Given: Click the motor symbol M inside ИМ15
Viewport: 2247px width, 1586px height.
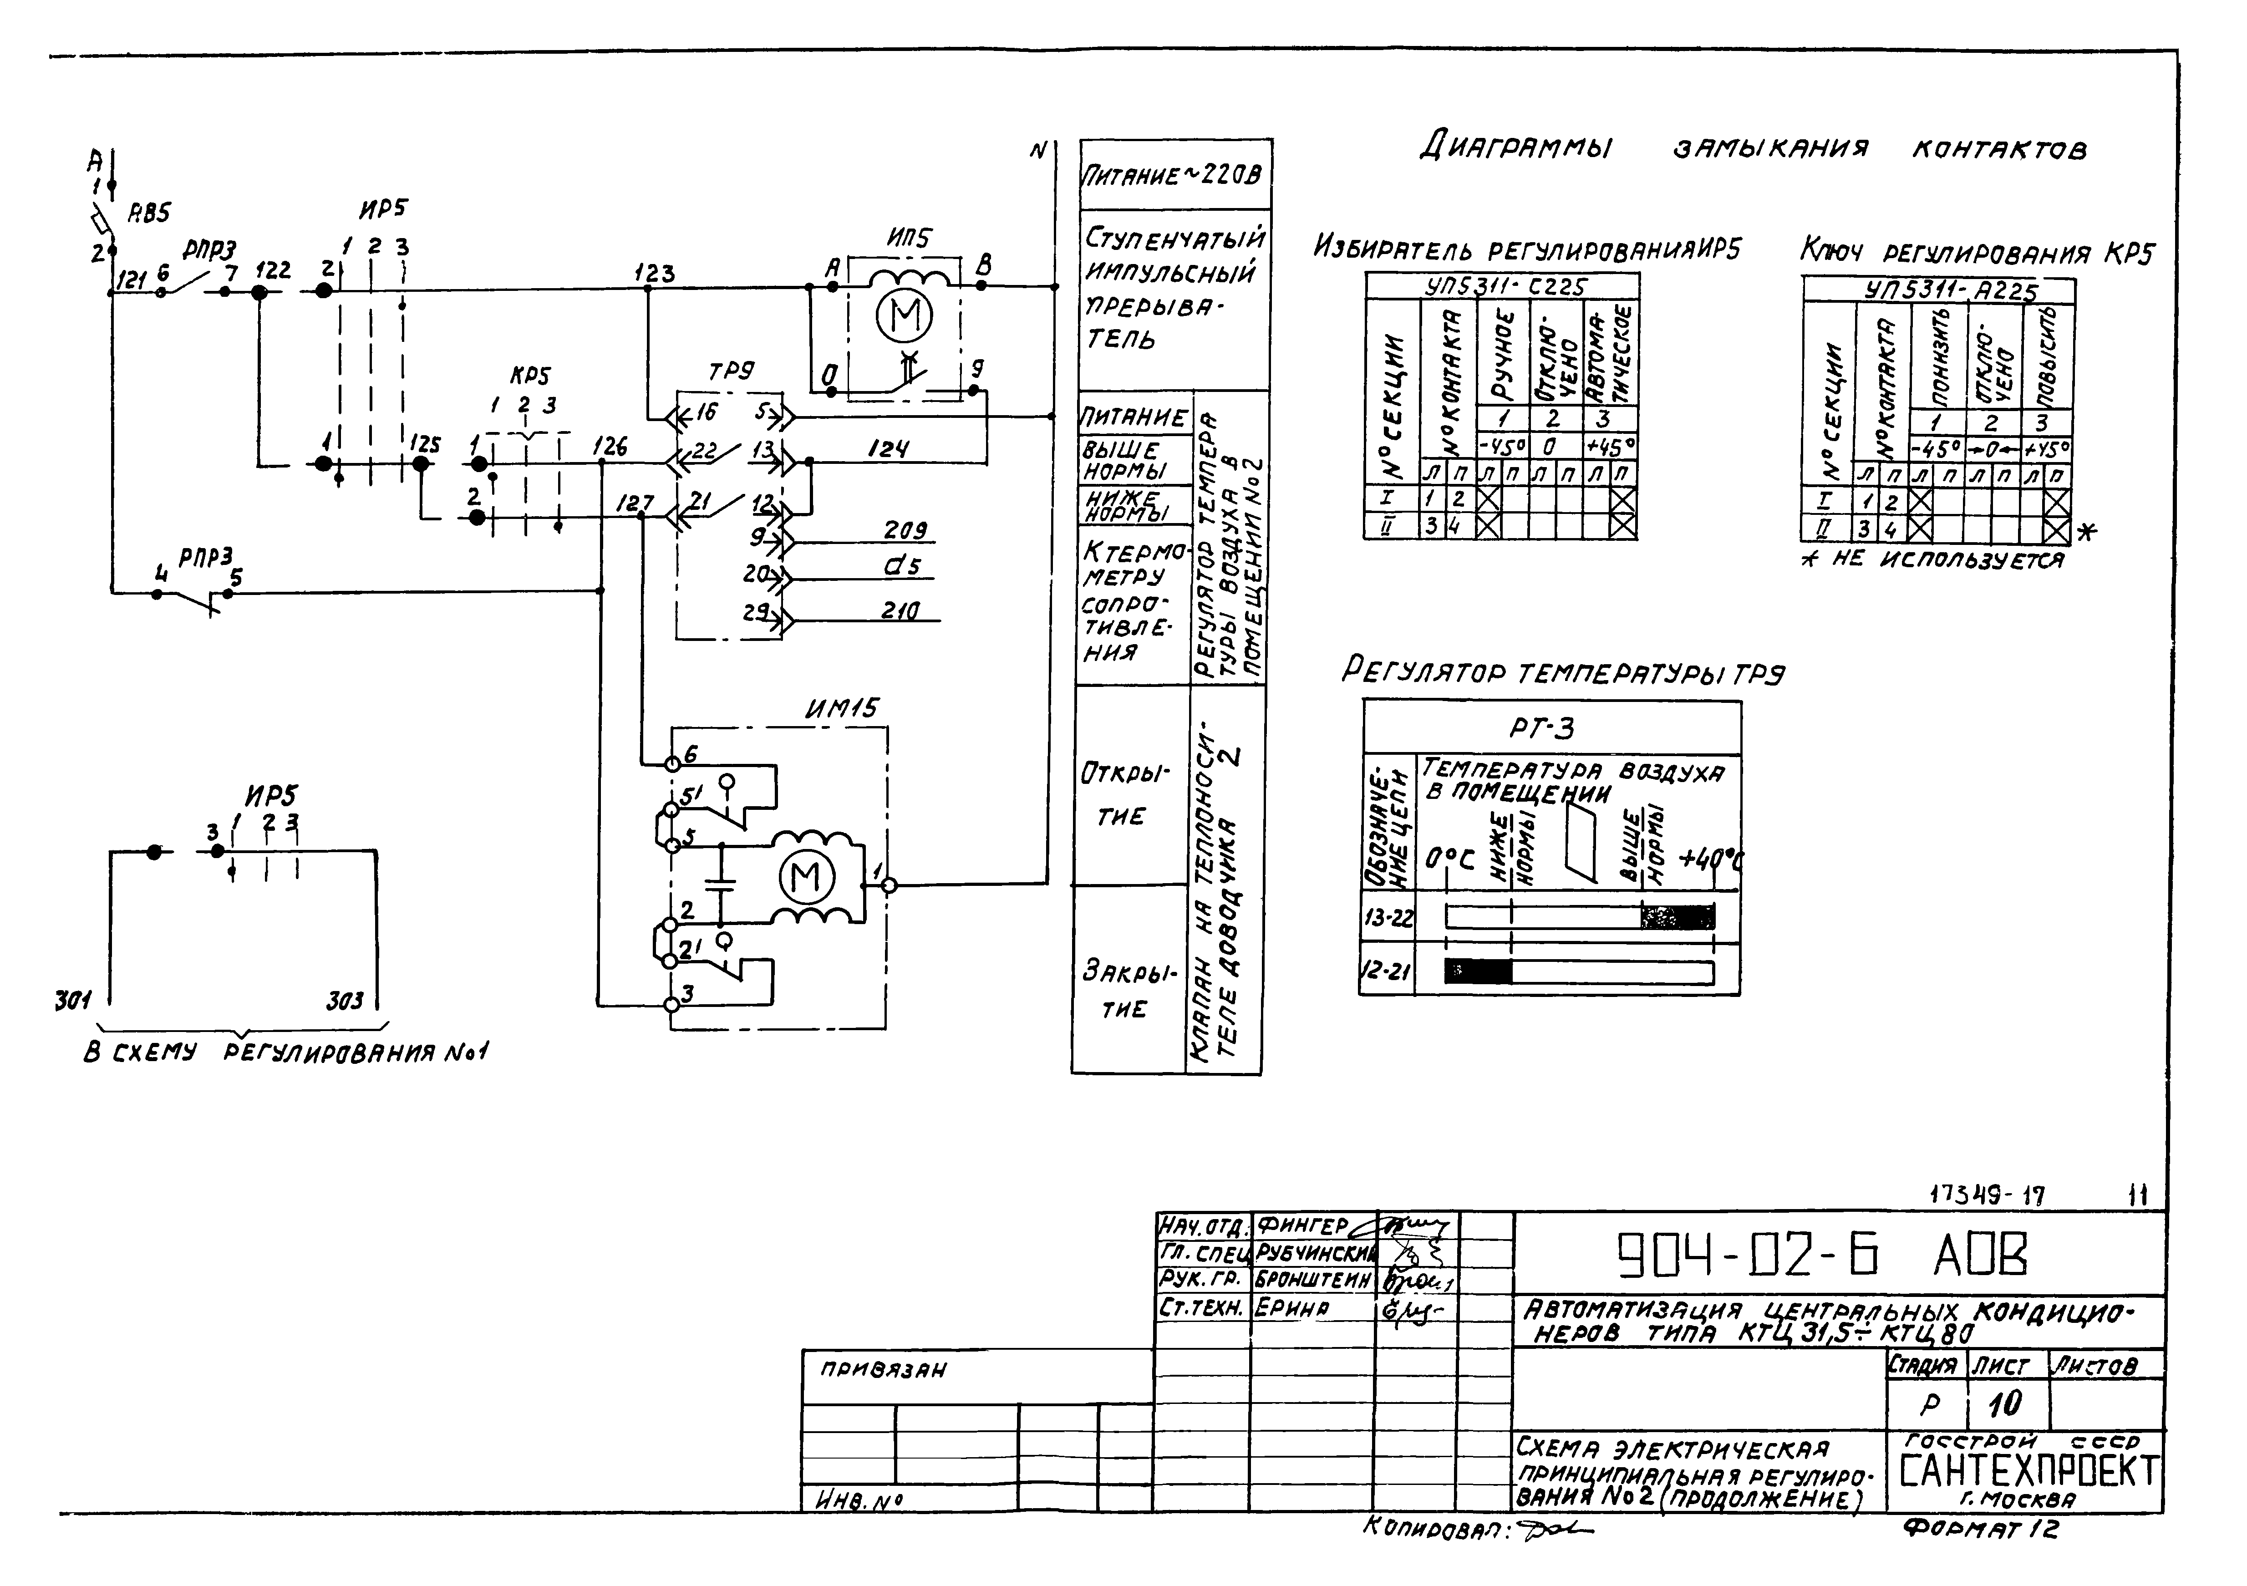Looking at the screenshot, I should pyautogui.click(x=805, y=876).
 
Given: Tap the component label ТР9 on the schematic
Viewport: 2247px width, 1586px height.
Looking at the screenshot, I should pyautogui.click(x=731, y=372).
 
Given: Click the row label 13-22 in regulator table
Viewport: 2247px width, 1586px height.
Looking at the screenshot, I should pyautogui.click(x=1388, y=918).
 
